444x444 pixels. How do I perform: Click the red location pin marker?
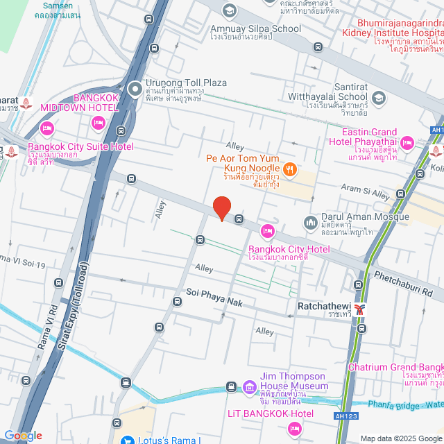point(221,207)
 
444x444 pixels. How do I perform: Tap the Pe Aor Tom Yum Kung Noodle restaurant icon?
point(291,168)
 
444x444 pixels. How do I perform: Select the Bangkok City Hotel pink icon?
point(268,230)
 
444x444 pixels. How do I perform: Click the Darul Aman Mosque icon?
point(310,222)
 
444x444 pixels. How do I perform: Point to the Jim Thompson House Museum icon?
point(249,386)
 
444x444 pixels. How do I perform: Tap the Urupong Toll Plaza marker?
point(135,88)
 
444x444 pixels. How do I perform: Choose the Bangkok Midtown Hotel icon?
point(98,123)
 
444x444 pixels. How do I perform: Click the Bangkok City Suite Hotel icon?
point(47,128)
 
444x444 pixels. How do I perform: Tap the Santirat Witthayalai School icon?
point(377,97)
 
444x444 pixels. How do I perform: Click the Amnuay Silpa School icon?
point(229,10)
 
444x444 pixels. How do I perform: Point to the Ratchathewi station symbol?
point(359,308)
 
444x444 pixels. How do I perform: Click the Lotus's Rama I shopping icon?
point(127,440)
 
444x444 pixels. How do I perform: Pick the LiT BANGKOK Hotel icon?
point(295,428)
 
